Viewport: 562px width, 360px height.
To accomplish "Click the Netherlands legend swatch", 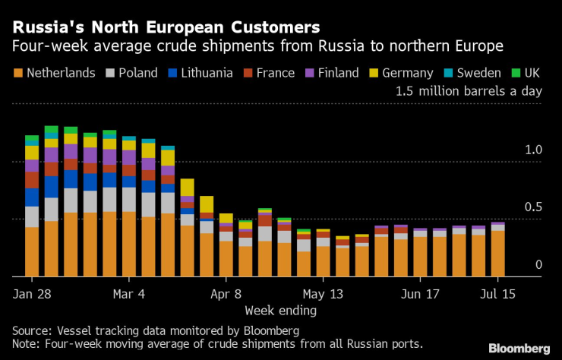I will pos(17,73).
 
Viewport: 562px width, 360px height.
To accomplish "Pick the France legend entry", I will pos(278,73).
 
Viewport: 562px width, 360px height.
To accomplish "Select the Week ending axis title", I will pos(280,311).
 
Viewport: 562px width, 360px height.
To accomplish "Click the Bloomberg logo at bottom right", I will pos(519,348).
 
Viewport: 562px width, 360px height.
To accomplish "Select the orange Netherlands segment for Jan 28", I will pos(32,251).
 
